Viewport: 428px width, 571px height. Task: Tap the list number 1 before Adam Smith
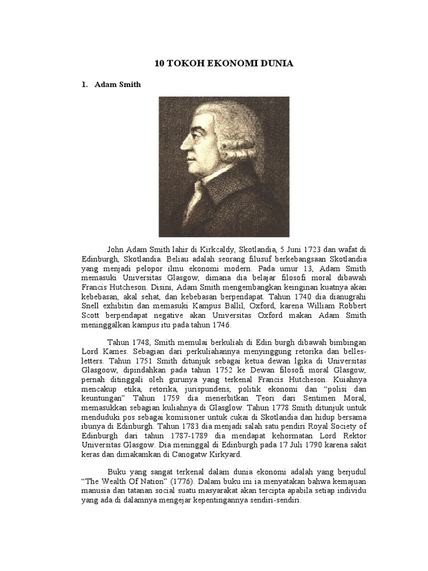click(84, 85)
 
